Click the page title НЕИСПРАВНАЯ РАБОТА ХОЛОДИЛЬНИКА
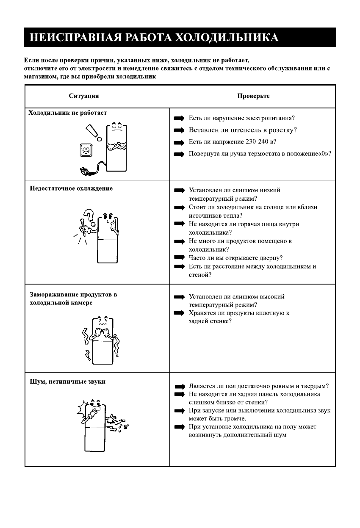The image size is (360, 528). click(154, 37)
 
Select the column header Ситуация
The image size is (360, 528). click(84, 96)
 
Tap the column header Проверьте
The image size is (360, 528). click(253, 96)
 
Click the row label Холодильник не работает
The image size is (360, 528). click(68, 113)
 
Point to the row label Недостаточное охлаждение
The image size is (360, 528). click(71, 188)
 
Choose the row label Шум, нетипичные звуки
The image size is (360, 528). click(68, 381)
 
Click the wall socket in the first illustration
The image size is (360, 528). click(86, 149)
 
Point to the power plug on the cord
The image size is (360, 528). click(83, 171)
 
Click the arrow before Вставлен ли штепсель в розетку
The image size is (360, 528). click(180, 130)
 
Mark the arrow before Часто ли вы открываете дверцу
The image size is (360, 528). click(180, 257)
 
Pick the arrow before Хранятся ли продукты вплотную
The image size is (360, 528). click(180, 313)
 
